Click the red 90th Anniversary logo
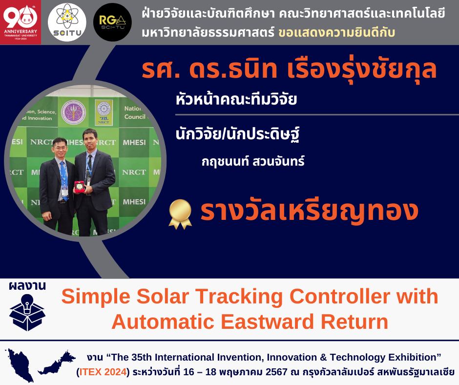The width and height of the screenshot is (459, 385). [21, 22]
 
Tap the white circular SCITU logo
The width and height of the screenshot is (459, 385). [67, 22]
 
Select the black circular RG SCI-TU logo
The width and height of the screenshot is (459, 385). [112, 22]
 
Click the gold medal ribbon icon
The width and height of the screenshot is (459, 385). [180, 214]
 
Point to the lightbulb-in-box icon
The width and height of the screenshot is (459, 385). [27, 312]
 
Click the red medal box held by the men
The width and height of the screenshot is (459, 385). [79, 186]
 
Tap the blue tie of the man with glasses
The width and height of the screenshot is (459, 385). [63, 179]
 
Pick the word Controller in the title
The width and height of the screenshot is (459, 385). [339, 297]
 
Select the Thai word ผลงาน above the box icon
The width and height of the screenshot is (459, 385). [27, 286]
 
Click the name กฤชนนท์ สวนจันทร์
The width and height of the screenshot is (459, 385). [253, 161]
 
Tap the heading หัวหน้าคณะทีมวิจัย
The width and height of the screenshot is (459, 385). [236, 99]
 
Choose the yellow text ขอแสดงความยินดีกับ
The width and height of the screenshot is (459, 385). [336, 33]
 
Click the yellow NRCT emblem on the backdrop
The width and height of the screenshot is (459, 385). [104, 112]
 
